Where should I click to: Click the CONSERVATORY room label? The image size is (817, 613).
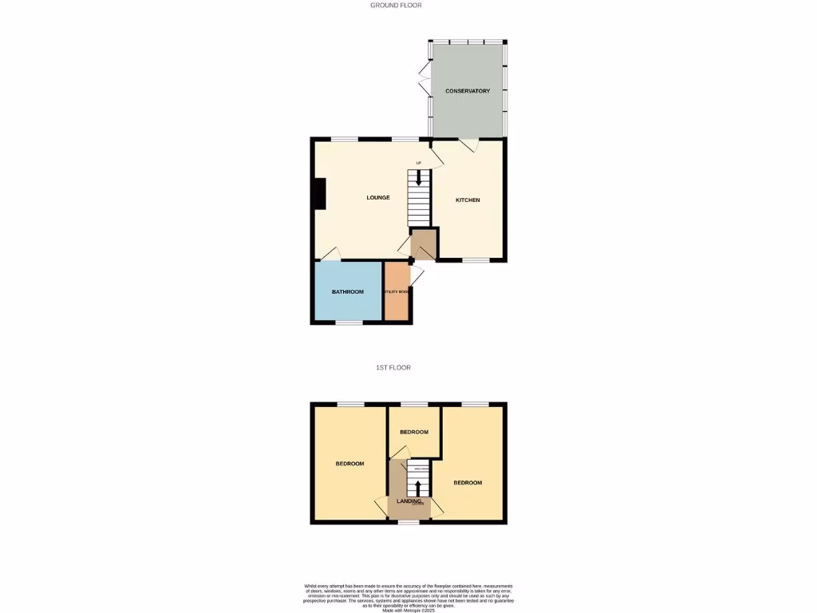(x=468, y=91)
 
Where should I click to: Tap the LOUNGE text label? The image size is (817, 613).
(x=378, y=197)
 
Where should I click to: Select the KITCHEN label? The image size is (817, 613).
(x=468, y=200)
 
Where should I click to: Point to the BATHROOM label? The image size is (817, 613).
(x=348, y=292)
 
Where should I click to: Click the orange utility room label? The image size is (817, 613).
(x=397, y=292)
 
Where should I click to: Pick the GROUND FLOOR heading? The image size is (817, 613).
(x=396, y=5)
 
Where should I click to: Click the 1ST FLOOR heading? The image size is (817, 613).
(x=393, y=368)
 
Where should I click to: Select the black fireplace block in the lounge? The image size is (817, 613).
(x=320, y=194)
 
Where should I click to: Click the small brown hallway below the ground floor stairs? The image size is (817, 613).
(x=424, y=244)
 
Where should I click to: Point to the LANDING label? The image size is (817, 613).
(x=408, y=501)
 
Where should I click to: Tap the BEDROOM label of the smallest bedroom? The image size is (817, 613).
(x=414, y=432)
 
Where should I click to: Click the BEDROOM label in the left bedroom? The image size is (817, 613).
(x=349, y=464)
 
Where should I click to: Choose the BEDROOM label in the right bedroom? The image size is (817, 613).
(x=468, y=483)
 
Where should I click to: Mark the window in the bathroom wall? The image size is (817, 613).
(x=348, y=322)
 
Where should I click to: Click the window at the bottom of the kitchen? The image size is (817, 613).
(x=476, y=261)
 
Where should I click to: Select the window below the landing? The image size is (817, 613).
(x=408, y=522)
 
